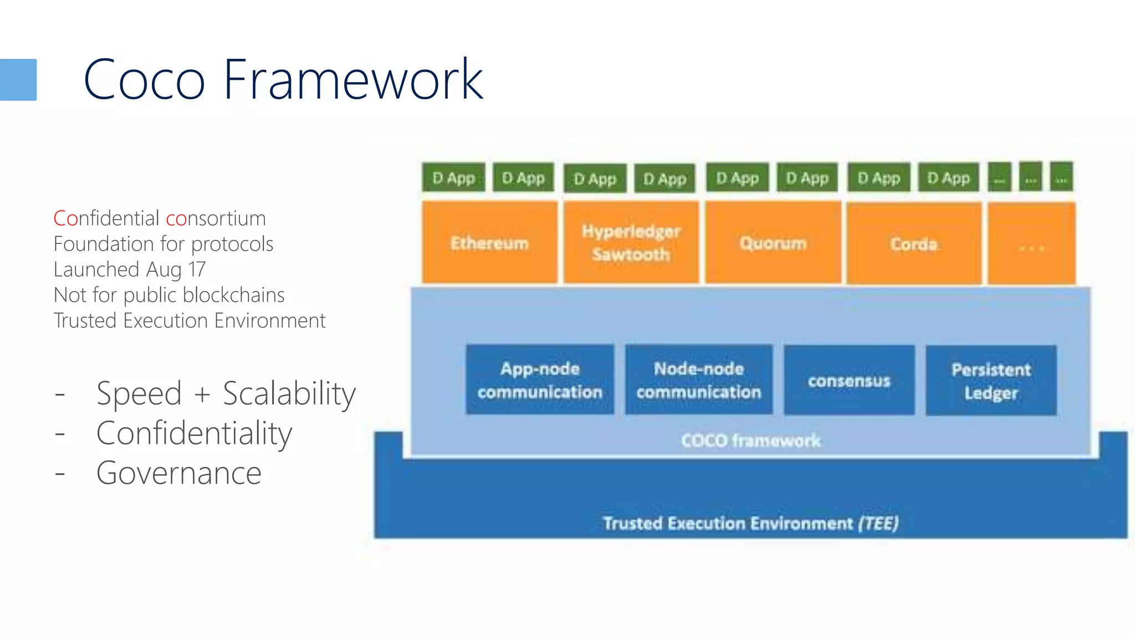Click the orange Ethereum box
point(489,243)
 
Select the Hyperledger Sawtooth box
point(631,243)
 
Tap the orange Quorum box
point(773,243)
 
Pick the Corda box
point(914,244)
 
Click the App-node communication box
point(540,380)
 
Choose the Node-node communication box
point(698,380)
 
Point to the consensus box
point(848,381)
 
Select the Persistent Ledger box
point(991,381)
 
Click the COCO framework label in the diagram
point(750,440)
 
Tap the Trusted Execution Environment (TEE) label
point(750,523)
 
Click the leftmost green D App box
point(453,177)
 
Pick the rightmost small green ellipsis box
point(1061,177)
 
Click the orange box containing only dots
point(1031,244)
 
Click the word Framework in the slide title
point(354,80)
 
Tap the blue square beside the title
point(18,80)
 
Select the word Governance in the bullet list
point(178,473)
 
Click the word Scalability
point(289,394)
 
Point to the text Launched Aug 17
point(130,270)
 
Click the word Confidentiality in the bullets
point(194,433)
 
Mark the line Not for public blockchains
point(169,295)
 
